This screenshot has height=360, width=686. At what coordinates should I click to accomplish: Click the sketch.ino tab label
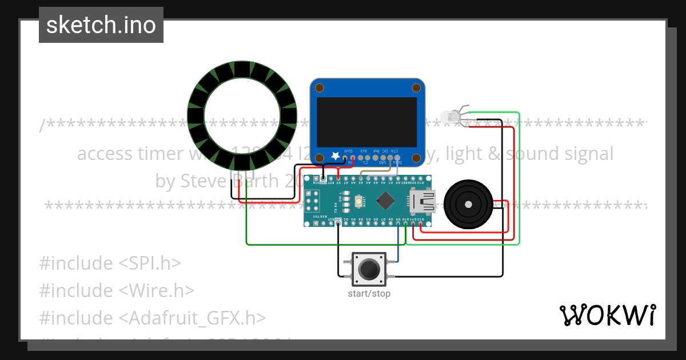coord(101,25)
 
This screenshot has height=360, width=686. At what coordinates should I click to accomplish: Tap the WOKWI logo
coord(607,315)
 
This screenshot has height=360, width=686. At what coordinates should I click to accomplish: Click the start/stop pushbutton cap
coord(369,269)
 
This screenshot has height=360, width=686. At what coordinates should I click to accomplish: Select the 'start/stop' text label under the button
coord(369,294)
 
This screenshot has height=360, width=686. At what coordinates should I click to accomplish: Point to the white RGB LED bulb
coord(453,116)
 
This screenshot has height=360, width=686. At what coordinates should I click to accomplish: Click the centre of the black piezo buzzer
coord(468,203)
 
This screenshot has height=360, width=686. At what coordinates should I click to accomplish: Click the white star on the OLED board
coord(334,155)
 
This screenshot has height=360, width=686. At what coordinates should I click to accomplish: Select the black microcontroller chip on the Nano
coord(387,201)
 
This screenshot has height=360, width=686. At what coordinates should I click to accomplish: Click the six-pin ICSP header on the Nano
coord(313,201)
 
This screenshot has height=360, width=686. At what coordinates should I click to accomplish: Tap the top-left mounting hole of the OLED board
coord(320,88)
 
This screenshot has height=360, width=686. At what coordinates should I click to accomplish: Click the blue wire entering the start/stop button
coord(398,251)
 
